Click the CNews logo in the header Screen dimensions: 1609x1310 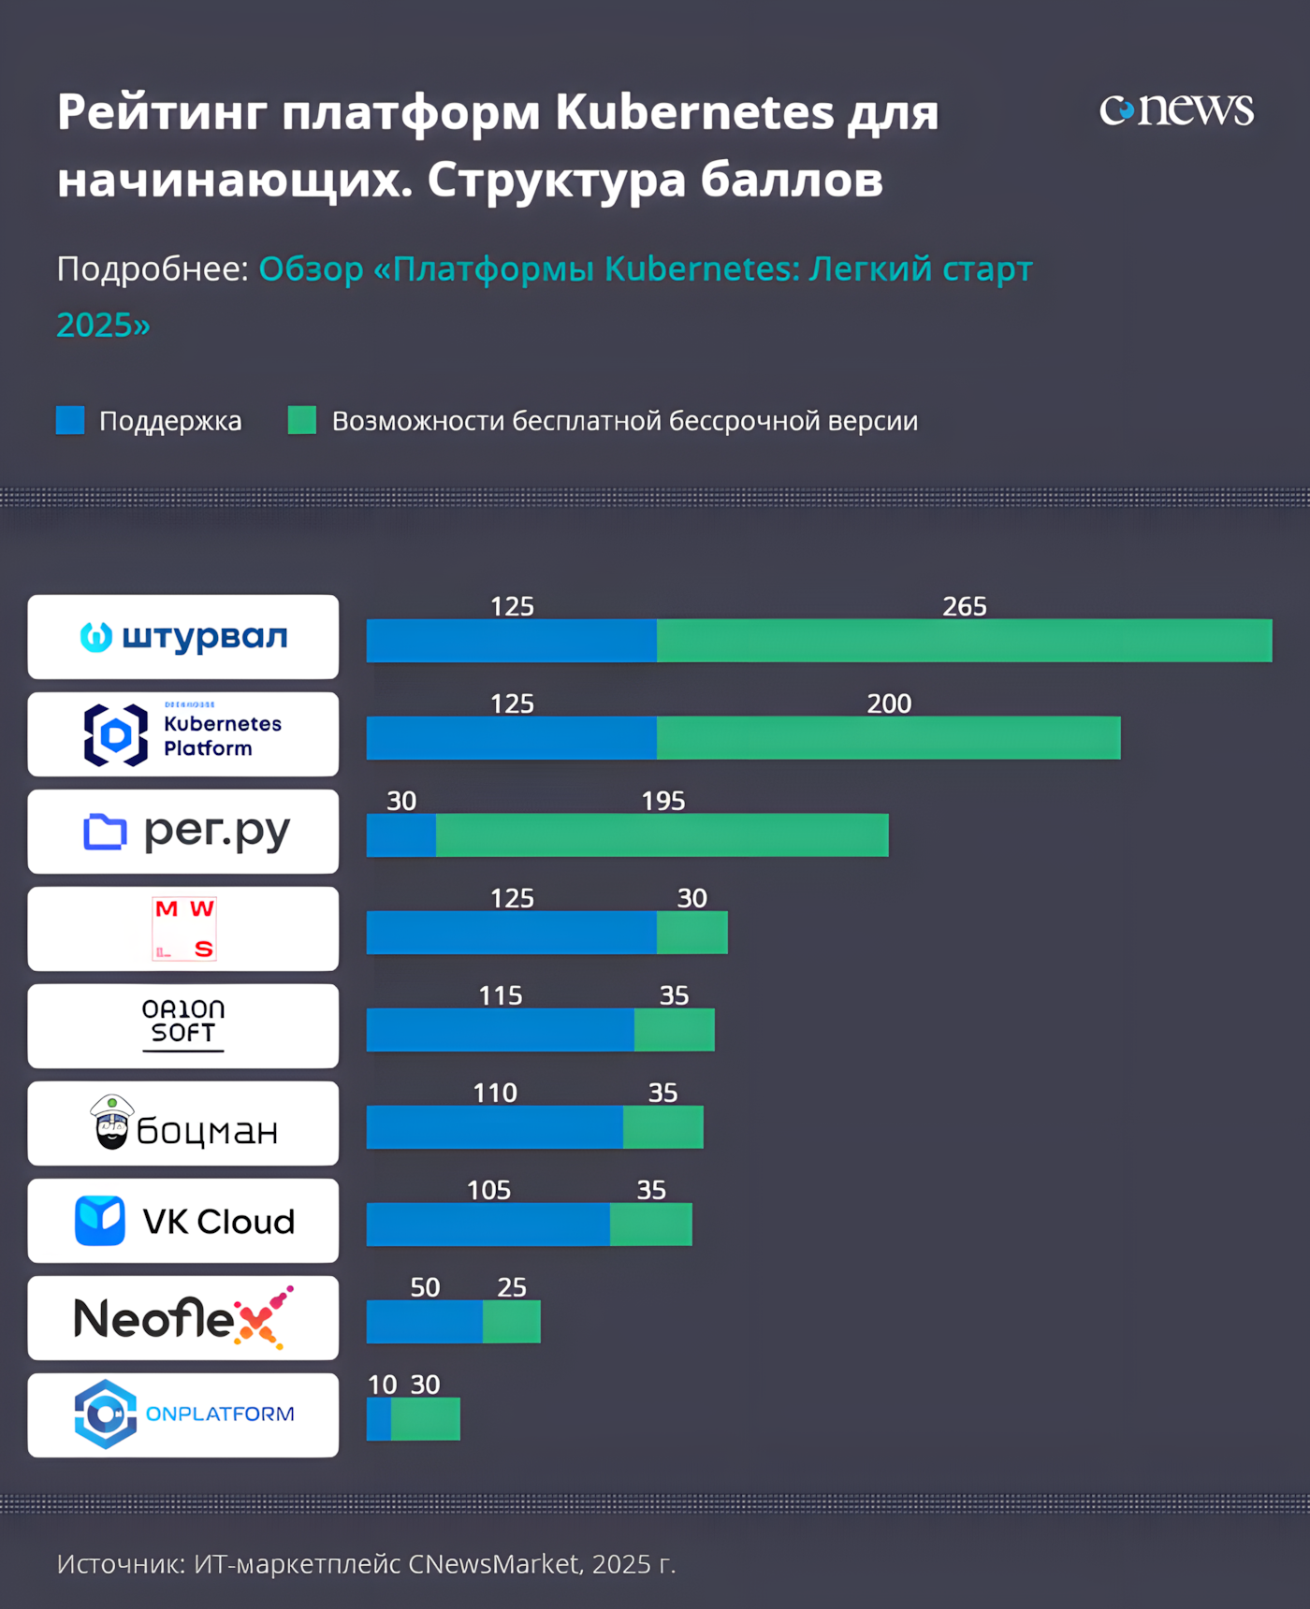point(1176,109)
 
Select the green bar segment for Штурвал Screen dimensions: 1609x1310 point(964,641)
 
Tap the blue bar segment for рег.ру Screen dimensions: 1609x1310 point(400,835)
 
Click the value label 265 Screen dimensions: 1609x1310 point(964,606)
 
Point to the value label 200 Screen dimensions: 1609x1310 point(888,703)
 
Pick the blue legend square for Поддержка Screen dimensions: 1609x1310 point(70,420)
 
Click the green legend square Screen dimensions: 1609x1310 point(301,420)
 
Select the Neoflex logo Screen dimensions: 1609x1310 point(183,1318)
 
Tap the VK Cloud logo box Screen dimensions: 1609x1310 point(183,1221)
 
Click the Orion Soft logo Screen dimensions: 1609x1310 point(183,1024)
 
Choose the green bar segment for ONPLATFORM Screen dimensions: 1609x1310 point(425,1419)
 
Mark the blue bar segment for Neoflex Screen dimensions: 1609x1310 point(424,1322)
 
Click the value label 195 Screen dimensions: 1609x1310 point(662,801)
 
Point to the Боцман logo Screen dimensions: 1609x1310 point(183,1124)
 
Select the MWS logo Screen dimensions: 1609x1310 point(184,929)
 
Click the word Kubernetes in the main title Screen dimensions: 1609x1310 point(693,112)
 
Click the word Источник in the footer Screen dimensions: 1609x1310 point(120,1564)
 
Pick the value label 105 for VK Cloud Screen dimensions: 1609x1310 point(488,1190)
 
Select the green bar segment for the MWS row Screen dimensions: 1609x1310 point(691,933)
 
